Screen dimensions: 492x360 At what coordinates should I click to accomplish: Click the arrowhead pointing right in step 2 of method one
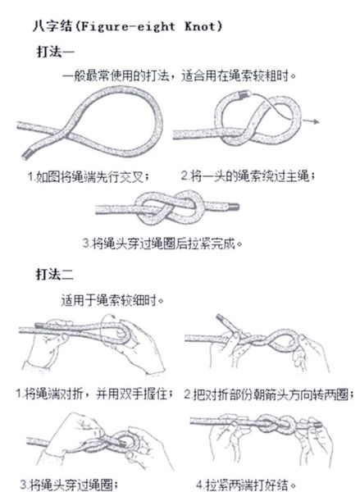point(317,121)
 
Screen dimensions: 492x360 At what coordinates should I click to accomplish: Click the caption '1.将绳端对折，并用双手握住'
point(91,393)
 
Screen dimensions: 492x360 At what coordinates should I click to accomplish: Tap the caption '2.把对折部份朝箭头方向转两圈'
point(268,393)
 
